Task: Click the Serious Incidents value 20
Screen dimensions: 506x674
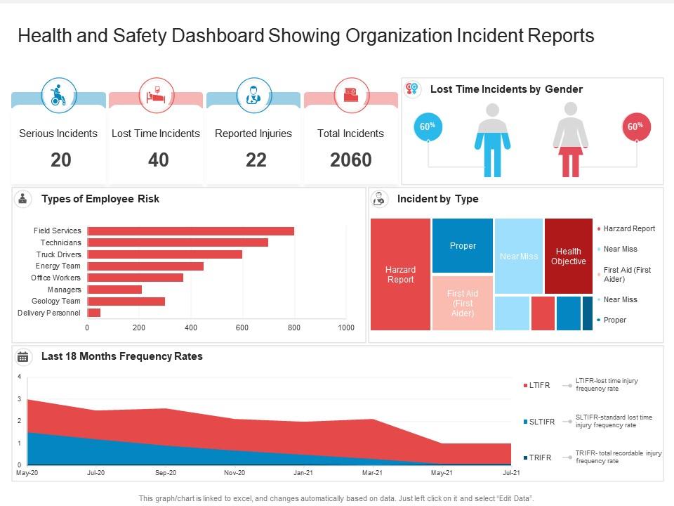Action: click(x=60, y=160)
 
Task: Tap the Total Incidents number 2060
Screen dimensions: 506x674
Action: click(x=350, y=160)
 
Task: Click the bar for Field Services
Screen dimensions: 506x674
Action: click(x=190, y=231)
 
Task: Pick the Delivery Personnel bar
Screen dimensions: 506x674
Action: click(x=94, y=313)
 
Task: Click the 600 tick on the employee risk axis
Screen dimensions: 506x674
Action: click(x=242, y=327)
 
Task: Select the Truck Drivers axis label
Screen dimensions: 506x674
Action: click(x=59, y=254)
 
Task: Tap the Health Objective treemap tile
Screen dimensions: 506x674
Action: click(x=568, y=256)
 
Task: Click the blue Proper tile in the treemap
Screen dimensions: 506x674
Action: click(x=463, y=245)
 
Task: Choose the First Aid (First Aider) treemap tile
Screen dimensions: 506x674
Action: click(x=463, y=303)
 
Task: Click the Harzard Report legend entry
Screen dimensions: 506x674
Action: click(x=628, y=228)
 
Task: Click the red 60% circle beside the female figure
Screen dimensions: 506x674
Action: click(x=635, y=127)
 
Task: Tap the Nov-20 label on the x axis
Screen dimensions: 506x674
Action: click(x=234, y=473)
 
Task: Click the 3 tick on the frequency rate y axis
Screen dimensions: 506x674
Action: click(x=19, y=399)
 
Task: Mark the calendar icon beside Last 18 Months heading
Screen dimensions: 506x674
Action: click(x=23, y=357)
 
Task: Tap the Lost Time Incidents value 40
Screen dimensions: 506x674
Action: click(x=158, y=160)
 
